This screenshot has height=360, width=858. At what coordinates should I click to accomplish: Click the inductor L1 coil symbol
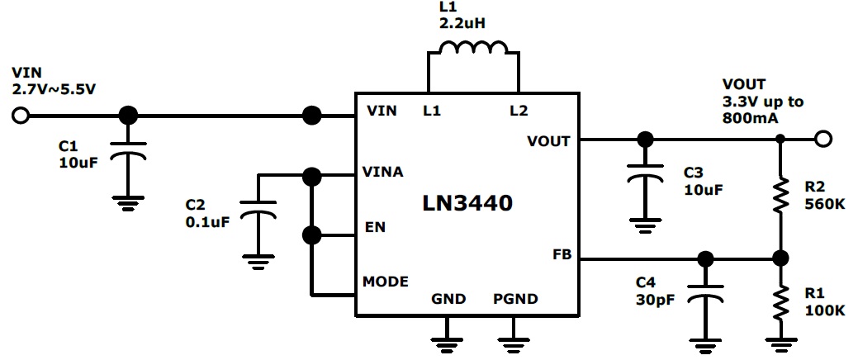click(473, 50)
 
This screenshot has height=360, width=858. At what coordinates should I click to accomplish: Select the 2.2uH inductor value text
click(462, 22)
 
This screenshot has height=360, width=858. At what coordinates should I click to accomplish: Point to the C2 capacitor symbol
click(258, 214)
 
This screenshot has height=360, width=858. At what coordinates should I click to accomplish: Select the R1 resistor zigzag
click(780, 305)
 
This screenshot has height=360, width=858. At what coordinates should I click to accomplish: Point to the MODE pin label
click(385, 282)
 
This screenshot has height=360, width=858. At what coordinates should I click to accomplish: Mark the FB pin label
click(562, 254)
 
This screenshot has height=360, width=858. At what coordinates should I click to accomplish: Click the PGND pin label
click(515, 299)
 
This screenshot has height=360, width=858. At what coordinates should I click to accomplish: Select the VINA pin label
click(382, 172)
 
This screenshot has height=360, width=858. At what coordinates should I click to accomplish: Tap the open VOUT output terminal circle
click(822, 139)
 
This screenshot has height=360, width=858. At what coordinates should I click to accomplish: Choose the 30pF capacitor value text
click(653, 300)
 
